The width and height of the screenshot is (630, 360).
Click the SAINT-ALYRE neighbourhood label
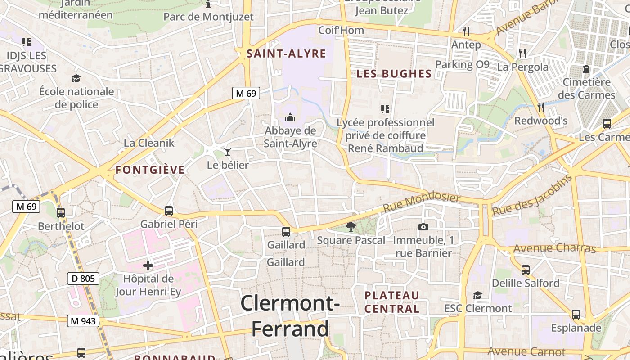click(286, 54)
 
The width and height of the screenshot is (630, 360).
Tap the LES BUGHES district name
click(394, 74)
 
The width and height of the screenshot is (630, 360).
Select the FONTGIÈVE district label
click(150, 170)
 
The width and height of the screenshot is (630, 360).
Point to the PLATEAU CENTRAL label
click(392, 302)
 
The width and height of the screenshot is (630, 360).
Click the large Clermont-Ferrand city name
click(290, 316)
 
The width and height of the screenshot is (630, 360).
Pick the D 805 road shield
click(84, 279)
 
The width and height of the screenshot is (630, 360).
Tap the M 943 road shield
click(83, 321)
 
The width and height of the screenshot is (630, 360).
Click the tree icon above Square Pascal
click(351, 227)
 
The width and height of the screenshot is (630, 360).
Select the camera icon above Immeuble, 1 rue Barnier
click(423, 227)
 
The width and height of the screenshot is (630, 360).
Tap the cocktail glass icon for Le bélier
click(228, 152)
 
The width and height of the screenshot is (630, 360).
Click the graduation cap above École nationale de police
click(76, 78)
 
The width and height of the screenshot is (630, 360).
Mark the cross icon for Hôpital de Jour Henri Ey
click(148, 265)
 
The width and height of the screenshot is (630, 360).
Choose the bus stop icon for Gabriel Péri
click(169, 211)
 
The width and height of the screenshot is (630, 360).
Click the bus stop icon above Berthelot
click(61, 212)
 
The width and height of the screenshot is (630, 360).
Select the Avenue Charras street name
click(554, 248)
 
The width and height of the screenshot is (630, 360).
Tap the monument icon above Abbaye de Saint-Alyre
click(290, 118)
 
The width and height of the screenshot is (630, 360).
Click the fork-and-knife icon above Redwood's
click(541, 107)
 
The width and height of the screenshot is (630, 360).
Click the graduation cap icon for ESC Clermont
click(477, 295)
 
